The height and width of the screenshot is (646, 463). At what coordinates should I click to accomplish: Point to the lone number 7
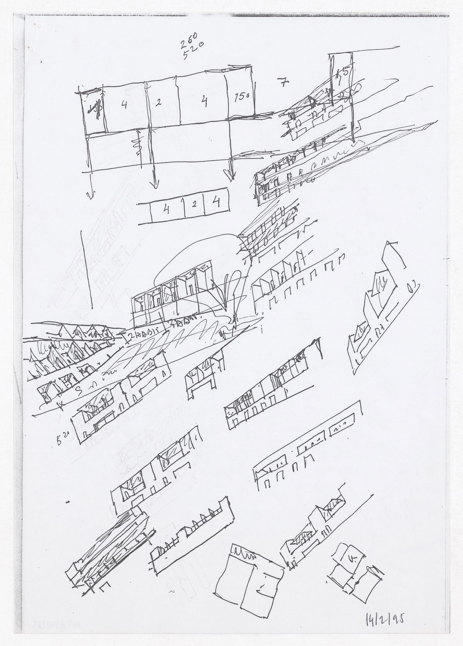coord(282,84)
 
